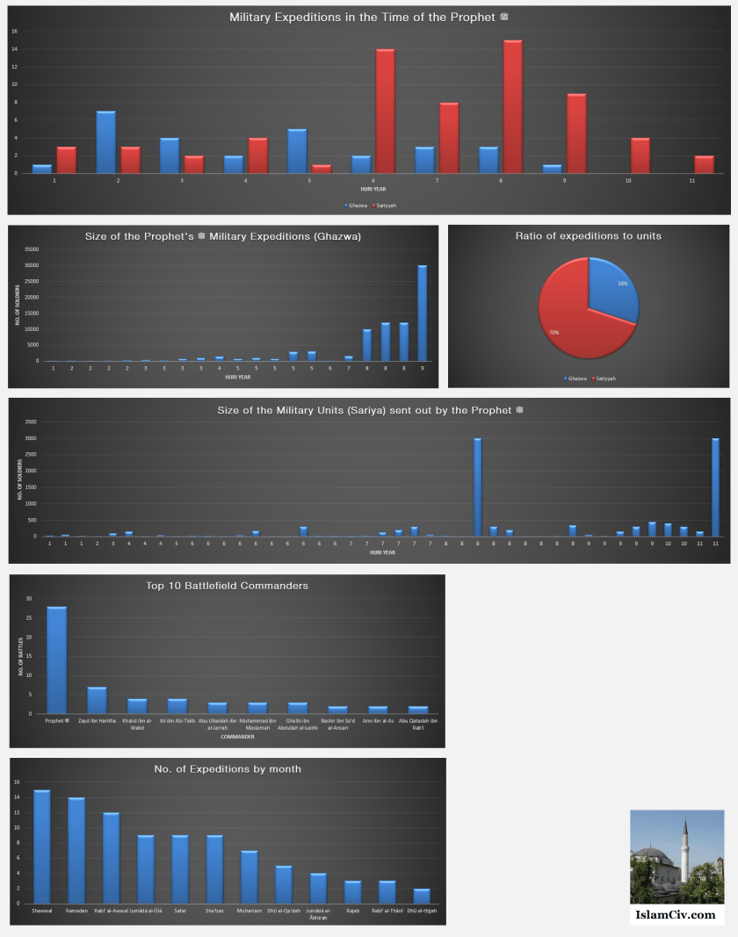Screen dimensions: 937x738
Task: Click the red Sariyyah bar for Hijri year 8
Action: pos(513,106)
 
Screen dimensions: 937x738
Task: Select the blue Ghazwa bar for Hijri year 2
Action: pos(106,142)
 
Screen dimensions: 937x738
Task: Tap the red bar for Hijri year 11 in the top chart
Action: pos(704,164)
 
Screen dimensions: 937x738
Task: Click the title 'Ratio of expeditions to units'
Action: pos(588,235)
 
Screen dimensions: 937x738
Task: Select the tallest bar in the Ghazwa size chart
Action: pos(423,313)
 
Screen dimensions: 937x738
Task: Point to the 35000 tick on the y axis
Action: pos(31,249)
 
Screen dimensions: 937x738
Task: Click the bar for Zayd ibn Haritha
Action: pos(97,700)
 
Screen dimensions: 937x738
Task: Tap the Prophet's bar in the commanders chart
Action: pos(56,660)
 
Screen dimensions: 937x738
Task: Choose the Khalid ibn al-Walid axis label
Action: pos(137,724)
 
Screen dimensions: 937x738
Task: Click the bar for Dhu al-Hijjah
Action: pos(423,896)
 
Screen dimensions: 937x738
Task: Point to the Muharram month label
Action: pos(250,911)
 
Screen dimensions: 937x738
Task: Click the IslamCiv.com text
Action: pos(676,914)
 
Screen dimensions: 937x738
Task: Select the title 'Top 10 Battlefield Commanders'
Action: pos(227,586)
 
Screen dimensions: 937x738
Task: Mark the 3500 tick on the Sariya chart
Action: pos(31,422)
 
